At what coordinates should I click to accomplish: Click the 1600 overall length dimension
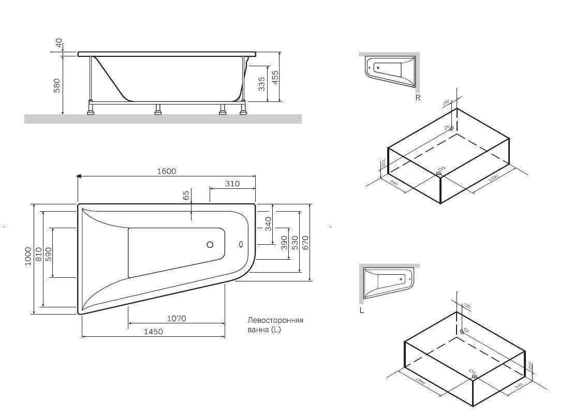[x=168, y=171]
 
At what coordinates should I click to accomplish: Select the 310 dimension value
[x=232, y=183]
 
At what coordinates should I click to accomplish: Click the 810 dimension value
[x=38, y=256]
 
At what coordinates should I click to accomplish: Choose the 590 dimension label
[x=48, y=254]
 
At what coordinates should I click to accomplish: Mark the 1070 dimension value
[x=176, y=319]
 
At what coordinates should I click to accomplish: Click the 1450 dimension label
[x=154, y=332]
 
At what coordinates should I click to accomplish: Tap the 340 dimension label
[x=268, y=224]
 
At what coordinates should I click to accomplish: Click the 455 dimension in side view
[x=276, y=78]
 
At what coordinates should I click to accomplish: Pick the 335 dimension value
[x=262, y=83]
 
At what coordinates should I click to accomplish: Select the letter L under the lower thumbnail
[x=362, y=311]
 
